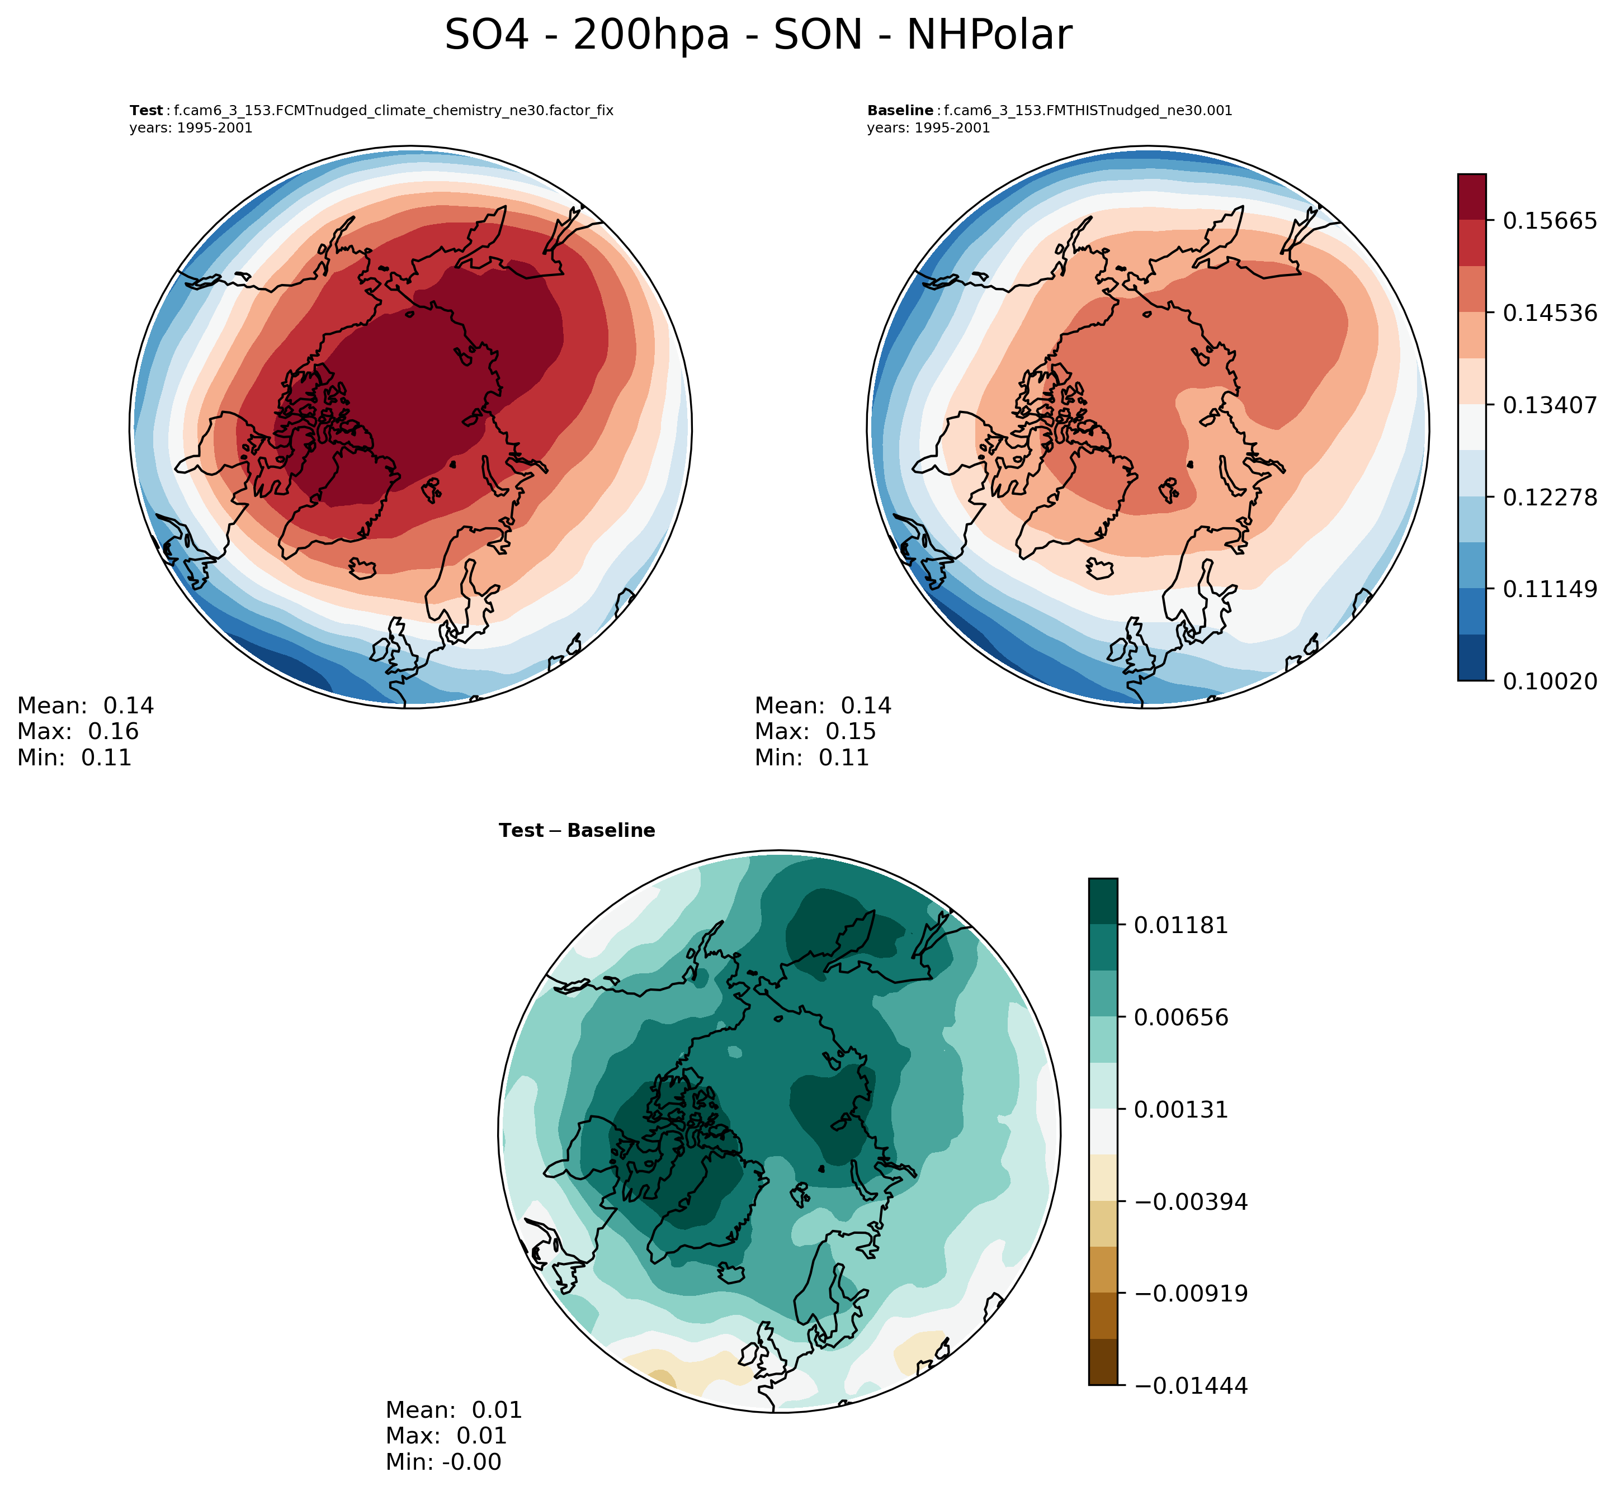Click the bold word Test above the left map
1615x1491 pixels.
click(x=146, y=111)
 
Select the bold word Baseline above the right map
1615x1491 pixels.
click(x=900, y=111)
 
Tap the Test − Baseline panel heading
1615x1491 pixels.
click(x=577, y=830)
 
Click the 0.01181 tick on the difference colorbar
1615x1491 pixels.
click(x=1181, y=925)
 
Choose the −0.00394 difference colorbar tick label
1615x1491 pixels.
click(x=1191, y=1201)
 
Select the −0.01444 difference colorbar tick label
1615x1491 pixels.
click(x=1191, y=1386)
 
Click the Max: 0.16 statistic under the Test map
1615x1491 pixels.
click(x=78, y=732)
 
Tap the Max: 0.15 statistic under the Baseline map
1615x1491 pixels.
click(x=815, y=732)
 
